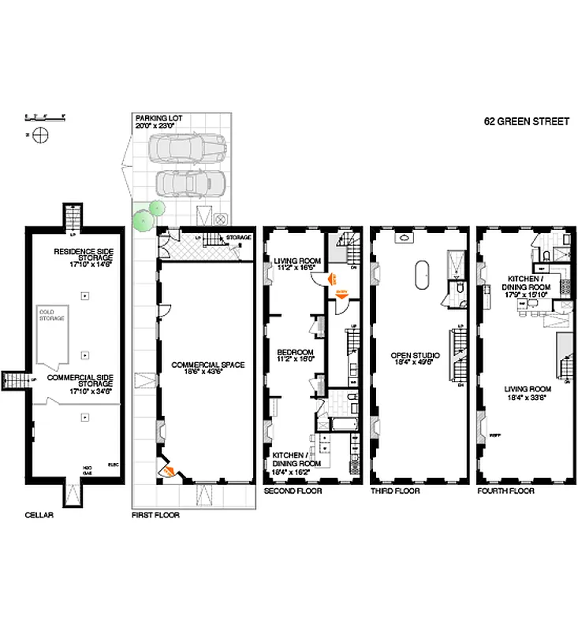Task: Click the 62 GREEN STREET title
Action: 526,122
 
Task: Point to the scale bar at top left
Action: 44,118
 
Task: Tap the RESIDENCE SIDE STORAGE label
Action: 84,257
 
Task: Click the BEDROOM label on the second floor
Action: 295,355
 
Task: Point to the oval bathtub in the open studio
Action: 419,277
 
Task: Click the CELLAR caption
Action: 38,515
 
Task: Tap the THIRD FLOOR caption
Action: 394,491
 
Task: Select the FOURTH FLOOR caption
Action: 505,491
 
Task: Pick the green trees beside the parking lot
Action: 144,216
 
